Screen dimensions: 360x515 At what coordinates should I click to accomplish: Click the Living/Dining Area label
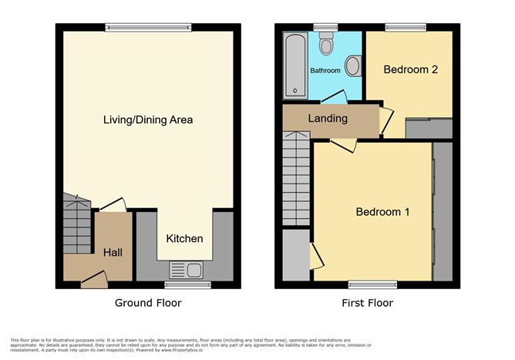148,120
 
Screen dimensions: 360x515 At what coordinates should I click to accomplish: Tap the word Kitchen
185,238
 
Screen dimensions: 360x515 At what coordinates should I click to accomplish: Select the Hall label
113,252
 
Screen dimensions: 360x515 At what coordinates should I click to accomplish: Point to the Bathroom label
325,71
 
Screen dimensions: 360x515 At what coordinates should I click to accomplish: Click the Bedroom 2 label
411,69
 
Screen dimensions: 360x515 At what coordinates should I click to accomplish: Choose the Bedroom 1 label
382,212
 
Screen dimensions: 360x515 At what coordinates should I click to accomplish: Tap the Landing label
328,119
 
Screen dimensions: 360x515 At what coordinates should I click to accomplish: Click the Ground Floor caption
148,303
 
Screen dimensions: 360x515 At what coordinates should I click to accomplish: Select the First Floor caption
367,303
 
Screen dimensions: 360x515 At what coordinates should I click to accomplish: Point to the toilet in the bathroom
327,45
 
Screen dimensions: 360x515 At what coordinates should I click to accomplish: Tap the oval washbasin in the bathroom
352,67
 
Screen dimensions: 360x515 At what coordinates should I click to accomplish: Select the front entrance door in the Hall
94,278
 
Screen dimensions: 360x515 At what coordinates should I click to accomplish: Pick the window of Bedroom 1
371,284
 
